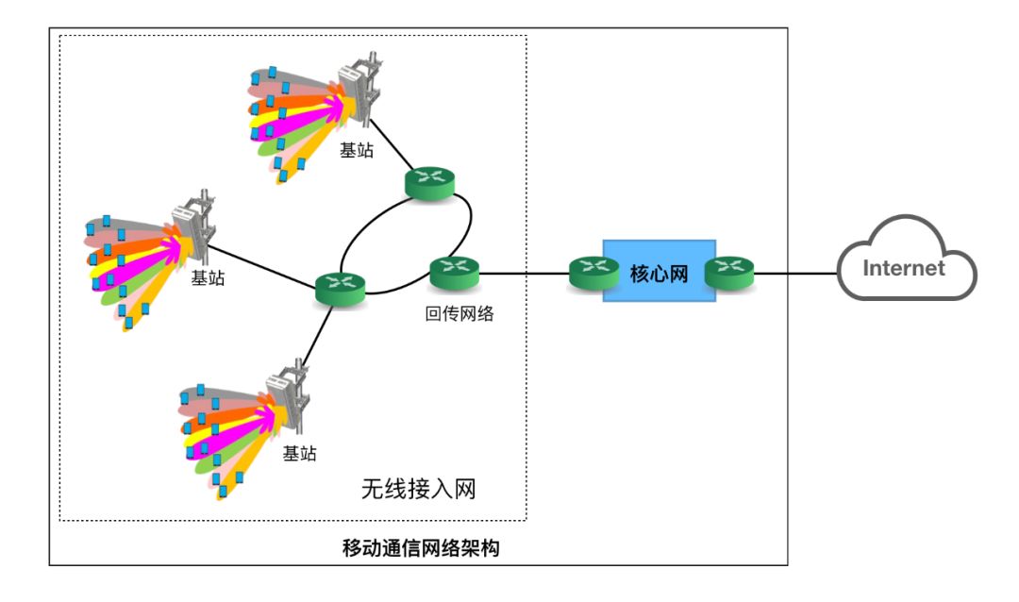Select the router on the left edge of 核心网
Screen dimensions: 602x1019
(x=593, y=273)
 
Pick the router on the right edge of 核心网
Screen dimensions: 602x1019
(x=730, y=273)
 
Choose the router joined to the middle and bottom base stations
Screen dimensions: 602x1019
(x=340, y=288)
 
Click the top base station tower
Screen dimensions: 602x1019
(x=356, y=94)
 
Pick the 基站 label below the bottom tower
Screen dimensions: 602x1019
(x=300, y=454)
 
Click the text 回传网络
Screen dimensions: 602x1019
(x=459, y=314)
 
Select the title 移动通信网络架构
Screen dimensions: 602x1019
(x=419, y=548)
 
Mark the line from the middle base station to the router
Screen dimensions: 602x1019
(x=264, y=264)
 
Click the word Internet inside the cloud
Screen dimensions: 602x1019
(x=904, y=268)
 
